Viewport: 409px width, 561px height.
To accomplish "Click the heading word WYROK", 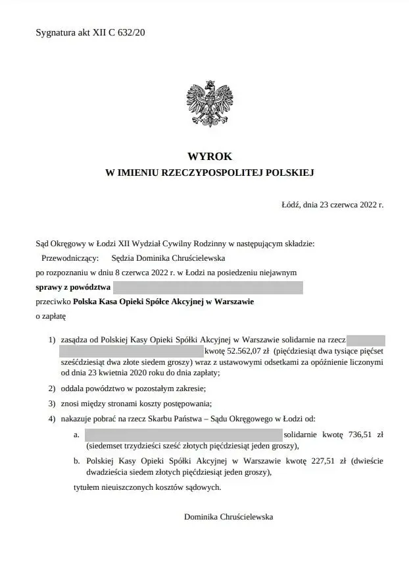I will pyautogui.click(x=210, y=157).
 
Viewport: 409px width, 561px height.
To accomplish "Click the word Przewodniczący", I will pyautogui.click(x=70, y=258).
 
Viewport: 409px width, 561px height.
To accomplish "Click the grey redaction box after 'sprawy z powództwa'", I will pyautogui.click(x=208, y=287).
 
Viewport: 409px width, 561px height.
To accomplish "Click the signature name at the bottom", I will pyautogui.click(x=228, y=517).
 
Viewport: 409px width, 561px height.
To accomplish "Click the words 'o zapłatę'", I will pyautogui.click(x=51, y=316).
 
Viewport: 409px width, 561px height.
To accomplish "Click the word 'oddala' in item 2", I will pyautogui.click(x=71, y=388).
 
